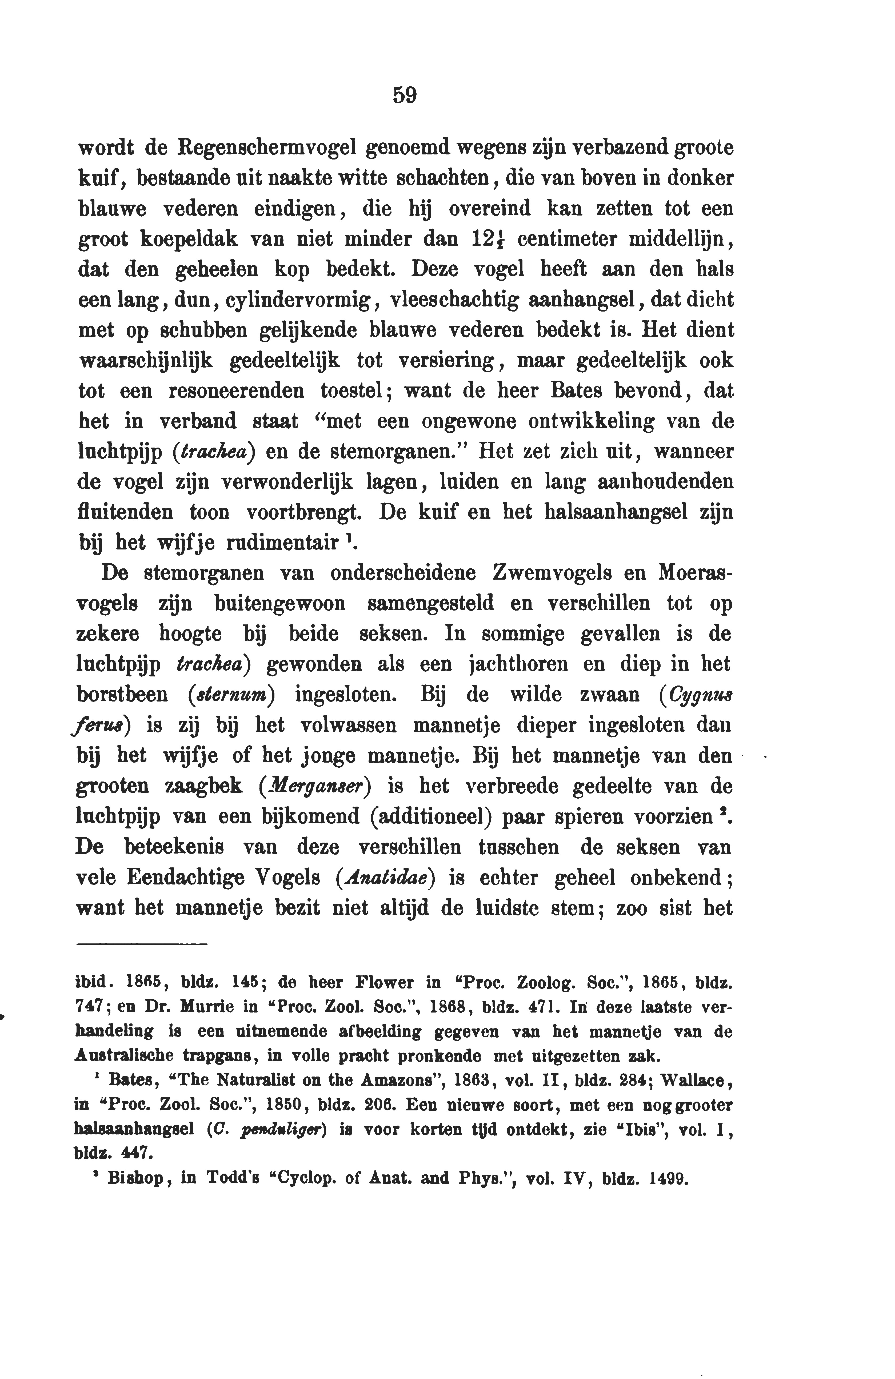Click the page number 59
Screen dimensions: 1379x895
(404, 95)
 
